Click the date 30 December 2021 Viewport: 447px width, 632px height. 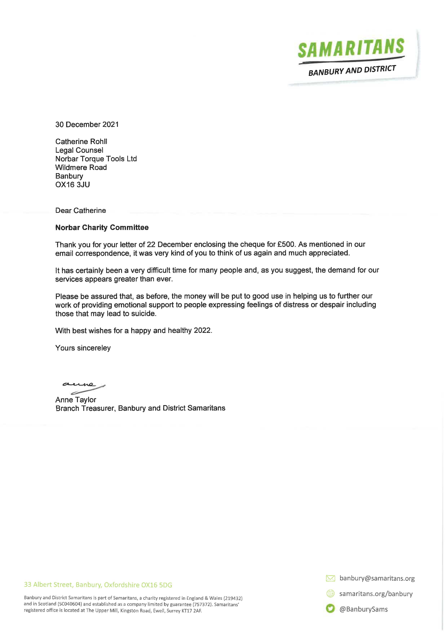(87, 124)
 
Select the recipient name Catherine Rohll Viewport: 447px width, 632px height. (81, 141)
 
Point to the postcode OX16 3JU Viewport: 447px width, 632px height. (73, 185)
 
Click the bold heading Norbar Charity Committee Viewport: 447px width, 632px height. (102, 227)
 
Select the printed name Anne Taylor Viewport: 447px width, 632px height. (76, 400)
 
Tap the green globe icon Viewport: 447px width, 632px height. (330, 594)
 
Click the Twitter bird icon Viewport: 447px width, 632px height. (330, 609)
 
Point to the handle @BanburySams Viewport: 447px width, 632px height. (363, 609)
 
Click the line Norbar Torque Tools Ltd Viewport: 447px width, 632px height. (96, 159)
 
